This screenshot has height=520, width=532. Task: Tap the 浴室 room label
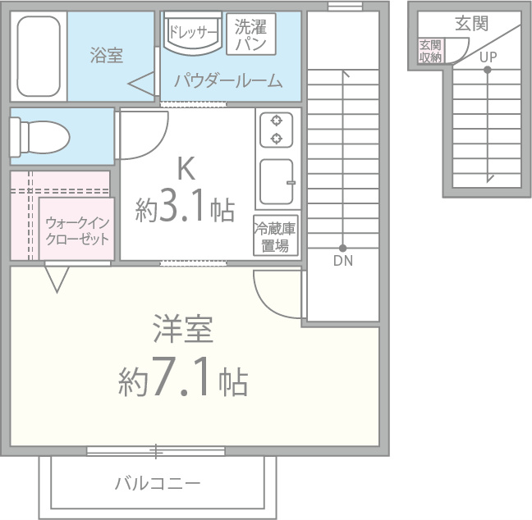click(x=107, y=56)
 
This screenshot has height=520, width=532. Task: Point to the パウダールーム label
click(x=227, y=80)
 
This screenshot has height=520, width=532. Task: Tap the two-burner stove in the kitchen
click(x=277, y=129)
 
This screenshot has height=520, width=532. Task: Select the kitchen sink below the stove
click(x=277, y=182)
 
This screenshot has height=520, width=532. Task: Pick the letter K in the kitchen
click(x=186, y=170)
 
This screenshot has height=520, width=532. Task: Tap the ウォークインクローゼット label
click(x=76, y=230)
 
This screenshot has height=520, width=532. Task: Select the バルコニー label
click(x=158, y=482)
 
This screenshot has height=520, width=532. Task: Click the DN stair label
click(x=343, y=262)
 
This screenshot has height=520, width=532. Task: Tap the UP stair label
click(x=488, y=57)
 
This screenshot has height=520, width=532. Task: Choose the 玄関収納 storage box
click(x=430, y=51)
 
